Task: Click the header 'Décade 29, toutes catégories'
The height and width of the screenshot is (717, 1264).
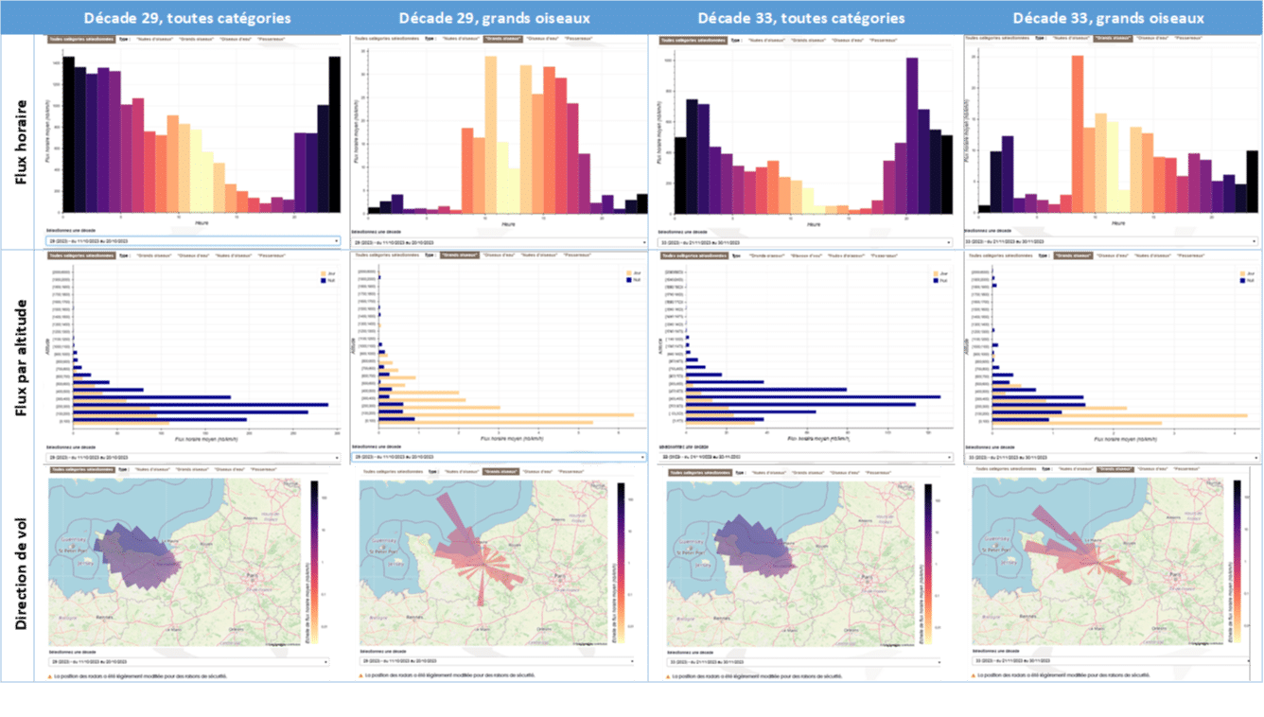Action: coord(186,18)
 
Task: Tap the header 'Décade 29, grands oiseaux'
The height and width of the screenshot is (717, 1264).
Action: coord(493,18)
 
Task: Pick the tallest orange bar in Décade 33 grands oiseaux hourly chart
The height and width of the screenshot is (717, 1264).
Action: coord(1077,134)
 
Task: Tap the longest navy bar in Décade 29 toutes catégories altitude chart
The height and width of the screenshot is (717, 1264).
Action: coord(201,404)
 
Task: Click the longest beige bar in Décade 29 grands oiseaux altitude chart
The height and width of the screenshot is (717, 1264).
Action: coord(506,414)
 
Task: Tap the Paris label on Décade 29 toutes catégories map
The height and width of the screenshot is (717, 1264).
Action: coord(254,573)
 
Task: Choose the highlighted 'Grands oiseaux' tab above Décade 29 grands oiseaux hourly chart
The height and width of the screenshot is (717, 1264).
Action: coord(493,39)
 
